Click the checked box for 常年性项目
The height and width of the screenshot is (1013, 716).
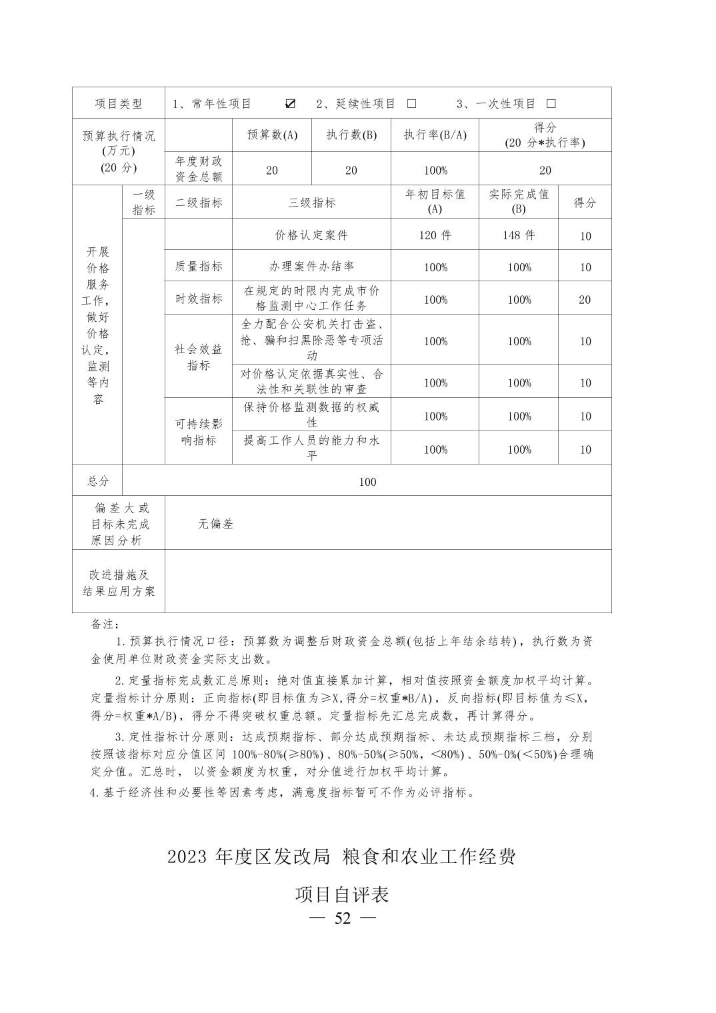(x=290, y=103)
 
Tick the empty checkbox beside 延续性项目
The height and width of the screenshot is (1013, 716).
(x=411, y=103)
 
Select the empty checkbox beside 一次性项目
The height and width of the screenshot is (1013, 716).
(x=551, y=103)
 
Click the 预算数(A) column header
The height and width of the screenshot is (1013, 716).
(x=272, y=135)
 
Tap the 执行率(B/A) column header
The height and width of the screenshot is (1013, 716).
(x=435, y=135)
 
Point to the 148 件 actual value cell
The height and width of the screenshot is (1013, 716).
(x=519, y=235)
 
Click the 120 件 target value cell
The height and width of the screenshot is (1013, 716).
(x=435, y=235)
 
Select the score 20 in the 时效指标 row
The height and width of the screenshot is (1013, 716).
(x=585, y=300)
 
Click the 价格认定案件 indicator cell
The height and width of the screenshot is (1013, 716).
(x=311, y=235)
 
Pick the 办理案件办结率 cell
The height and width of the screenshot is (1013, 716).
(x=311, y=267)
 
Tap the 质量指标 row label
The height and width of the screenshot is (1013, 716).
(x=199, y=267)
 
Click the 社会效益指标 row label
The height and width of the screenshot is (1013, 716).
(x=199, y=357)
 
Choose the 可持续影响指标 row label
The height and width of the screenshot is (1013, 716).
(x=199, y=432)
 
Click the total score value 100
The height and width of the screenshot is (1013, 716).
(x=367, y=482)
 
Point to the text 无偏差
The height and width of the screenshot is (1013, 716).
(x=215, y=524)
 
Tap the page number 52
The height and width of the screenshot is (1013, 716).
(x=343, y=918)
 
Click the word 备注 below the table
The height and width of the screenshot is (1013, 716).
(x=104, y=624)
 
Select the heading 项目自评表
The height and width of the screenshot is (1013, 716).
(x=342, y=894)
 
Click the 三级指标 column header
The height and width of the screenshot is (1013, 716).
(x=311, y=203)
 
